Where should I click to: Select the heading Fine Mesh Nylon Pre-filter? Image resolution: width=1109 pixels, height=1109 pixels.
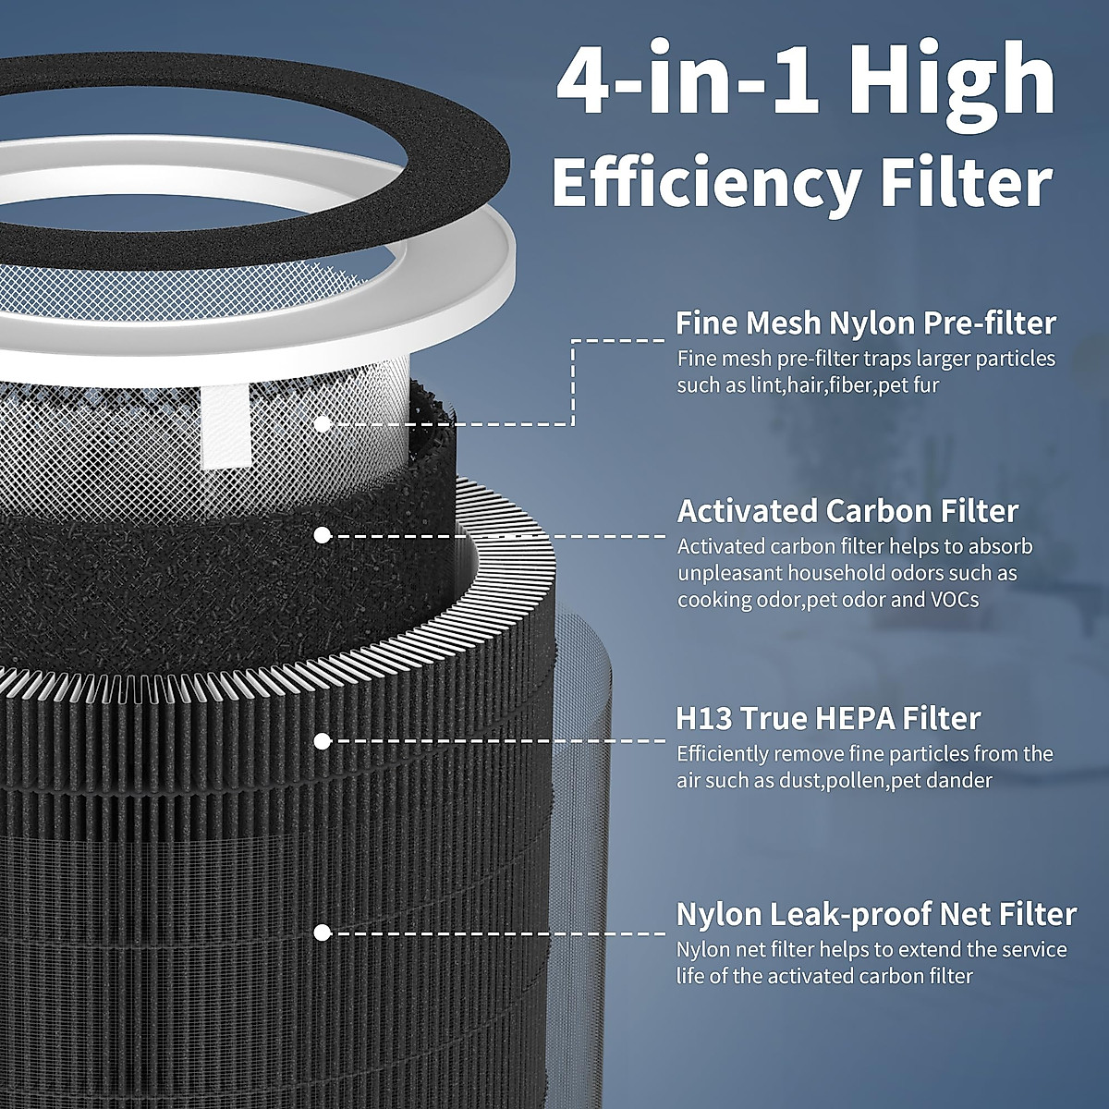pos(866,323)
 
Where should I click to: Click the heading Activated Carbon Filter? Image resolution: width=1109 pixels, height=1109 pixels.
pos(847,511)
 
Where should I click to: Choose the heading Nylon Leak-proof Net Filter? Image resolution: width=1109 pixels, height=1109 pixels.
pos(876,914)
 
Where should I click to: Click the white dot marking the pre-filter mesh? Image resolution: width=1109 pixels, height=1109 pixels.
pos(323,424)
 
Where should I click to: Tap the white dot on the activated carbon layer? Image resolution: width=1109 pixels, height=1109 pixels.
pos(323,535)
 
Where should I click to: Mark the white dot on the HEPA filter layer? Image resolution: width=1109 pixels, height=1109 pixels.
pos(323,740)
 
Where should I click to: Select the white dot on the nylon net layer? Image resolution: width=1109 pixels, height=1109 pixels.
pos(323,932)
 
